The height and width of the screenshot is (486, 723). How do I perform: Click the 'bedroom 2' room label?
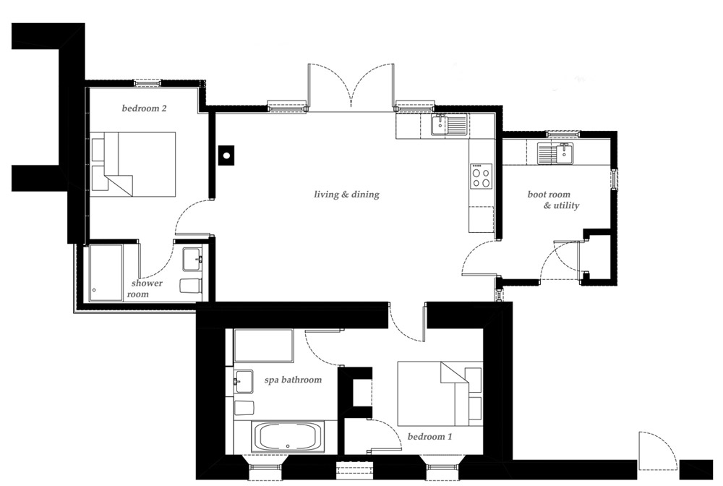pyautogui.click(x=144, y=109)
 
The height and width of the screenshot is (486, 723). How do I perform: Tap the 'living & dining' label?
pyautogui.click(x=346, y=195)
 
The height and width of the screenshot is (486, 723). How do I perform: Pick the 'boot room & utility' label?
pyautogui.click(x=554, y=200)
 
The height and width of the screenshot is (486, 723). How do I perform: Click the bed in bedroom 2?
pyautogui.click(x=134, y=164)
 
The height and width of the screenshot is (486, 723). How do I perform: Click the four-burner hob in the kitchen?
pyautogui.click(x=481, y=176)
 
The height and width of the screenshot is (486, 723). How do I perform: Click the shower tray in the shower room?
pyautogui.click(x=106, y=273)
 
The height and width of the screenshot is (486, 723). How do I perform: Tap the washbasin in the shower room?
pyautogui.click(x=192, y=257)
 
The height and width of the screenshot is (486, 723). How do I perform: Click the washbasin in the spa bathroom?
pyautogui.click(x=243, y=380)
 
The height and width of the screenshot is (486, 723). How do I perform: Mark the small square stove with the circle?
pyautogui.click(x=226, y=155)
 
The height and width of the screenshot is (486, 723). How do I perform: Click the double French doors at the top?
pyautogui.click(x=351, y=87)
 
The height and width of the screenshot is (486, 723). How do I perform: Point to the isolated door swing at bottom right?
pyautogui.click(x=656, y=450)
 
